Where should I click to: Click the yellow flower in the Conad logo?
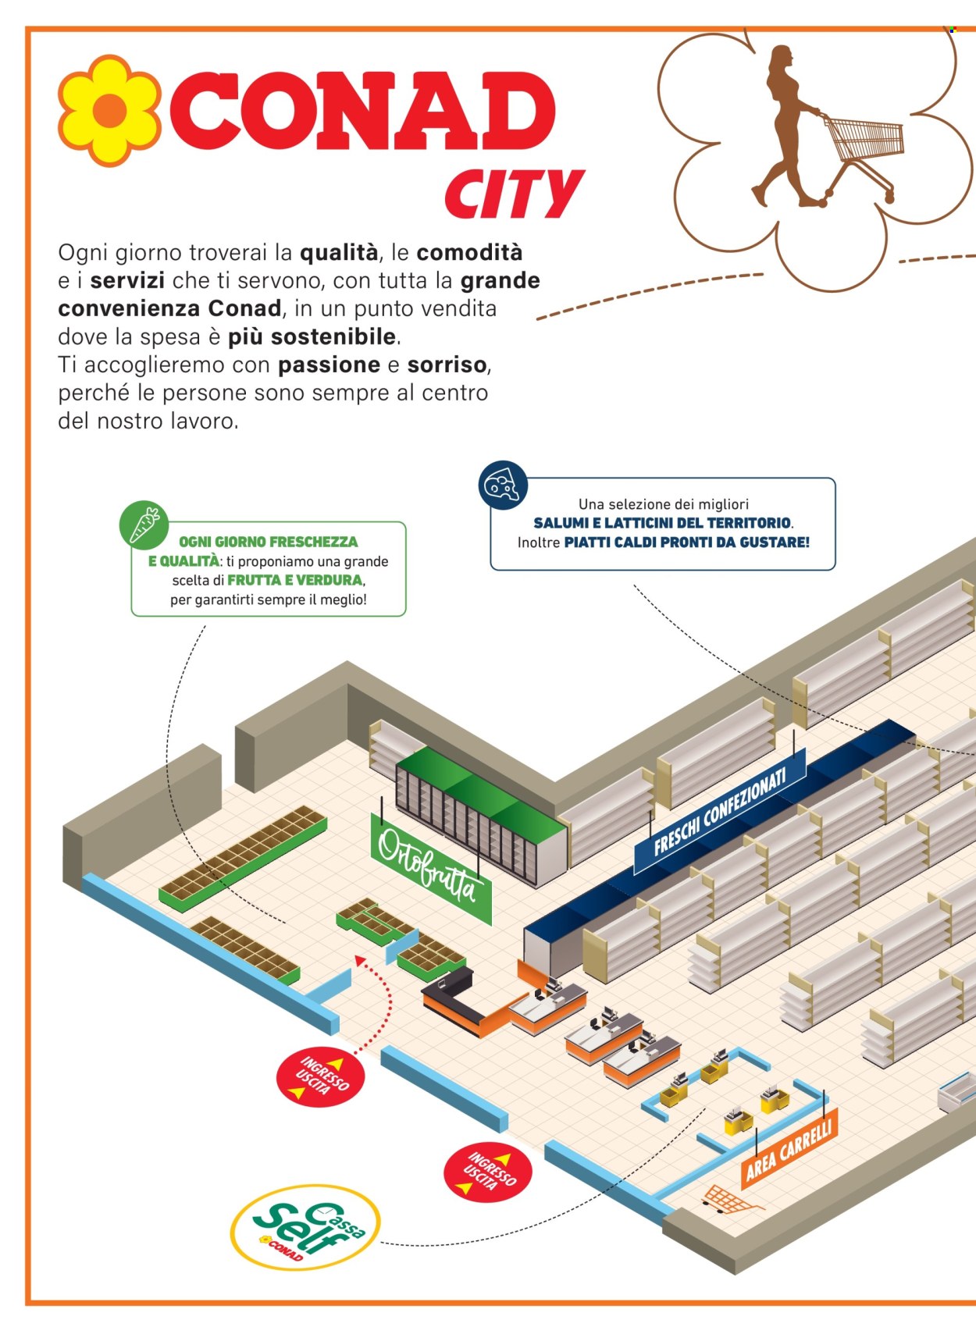point(110,110)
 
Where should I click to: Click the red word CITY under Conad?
point(514,194)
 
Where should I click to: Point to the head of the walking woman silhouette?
point(781,59)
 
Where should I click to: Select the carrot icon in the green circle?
point(144,525)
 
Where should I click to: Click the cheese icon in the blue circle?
point(503,486)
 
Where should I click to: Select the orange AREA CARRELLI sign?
point(789,1147)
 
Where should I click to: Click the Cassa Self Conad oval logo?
point(305,1226)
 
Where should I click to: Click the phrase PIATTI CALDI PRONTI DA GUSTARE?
point(686,542)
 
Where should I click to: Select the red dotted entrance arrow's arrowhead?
point(361,959)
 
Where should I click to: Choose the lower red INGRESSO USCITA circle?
point(487,1172)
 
